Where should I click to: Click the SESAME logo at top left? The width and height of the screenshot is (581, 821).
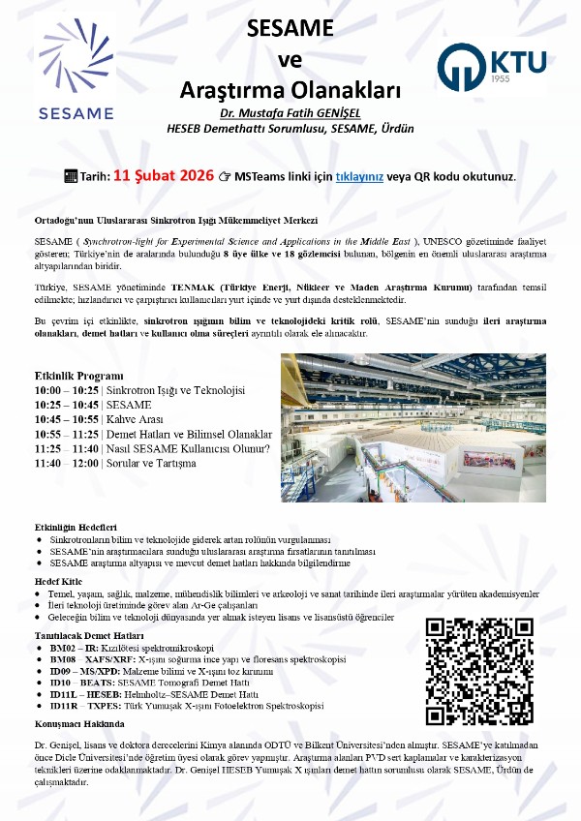[x=76, y=68]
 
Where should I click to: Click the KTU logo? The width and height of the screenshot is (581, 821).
[x=491, y=66]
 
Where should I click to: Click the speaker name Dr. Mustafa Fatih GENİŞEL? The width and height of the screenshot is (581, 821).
[x=290, y=112]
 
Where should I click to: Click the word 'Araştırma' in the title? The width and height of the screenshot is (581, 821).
[x=234, y=91]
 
